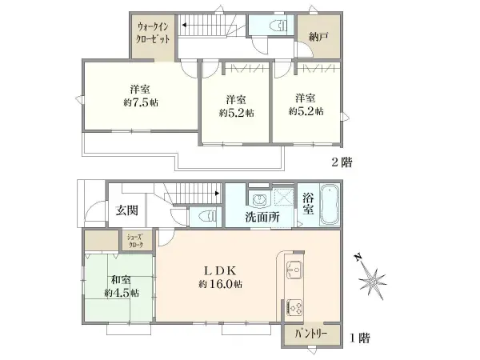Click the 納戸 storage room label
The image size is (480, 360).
pyautogui.click(x=318, y=37)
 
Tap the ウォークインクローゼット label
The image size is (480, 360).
pyautogui.click(x=153, y=33)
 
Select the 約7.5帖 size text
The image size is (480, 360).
pyautogui.click(x=141, y=102)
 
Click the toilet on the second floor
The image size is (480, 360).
pyautogui.click(x=278, y=25)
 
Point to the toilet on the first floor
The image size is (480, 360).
pyautogui.click(x=207, y=217)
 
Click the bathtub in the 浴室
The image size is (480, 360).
pyautogui.click(x=330, y=205)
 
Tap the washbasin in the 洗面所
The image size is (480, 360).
pyautogui.click(x=260, y=200)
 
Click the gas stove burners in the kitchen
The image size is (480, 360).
pyautogui.click(x=294, y=306)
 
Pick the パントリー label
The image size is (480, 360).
pyautogui.click(x=310, y=334)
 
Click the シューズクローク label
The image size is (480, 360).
pyautogui.click(x=136, y=241)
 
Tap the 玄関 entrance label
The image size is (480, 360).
pyautogui.click(x=126, y=210)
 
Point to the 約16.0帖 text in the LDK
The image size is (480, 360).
pyautogui.click(x=221, y=284)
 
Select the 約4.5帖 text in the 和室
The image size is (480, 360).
pyautogui.click(x=122, y=293)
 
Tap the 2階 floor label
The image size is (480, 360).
pyautogui.click(x=342, y=162)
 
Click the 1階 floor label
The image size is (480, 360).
pyautogui.click(x=360, y=338)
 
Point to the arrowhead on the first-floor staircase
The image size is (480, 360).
pyautogui.click(x=217, y=193)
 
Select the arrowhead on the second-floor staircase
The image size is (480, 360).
pyautogui.click(x=184, y=25)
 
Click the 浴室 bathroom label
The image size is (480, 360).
pyautogui.click(x=308, y=203)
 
